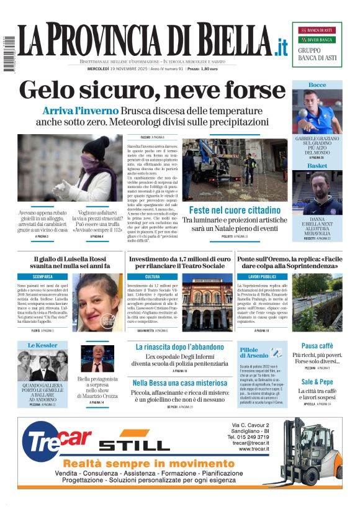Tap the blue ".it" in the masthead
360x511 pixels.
pyautogui.click(x=281, y=46)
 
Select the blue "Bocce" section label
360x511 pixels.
pyautogui.click(x=317, y=84)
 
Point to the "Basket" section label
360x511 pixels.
pyautogui.click(x=317, y=166)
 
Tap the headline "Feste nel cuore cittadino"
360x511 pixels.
pyautogui.click(x=235, y=210)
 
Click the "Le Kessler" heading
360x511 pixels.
pyautogui.click(x=42, y=345)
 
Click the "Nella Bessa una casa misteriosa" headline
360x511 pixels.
pyautogui.click(x=179, y=382)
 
